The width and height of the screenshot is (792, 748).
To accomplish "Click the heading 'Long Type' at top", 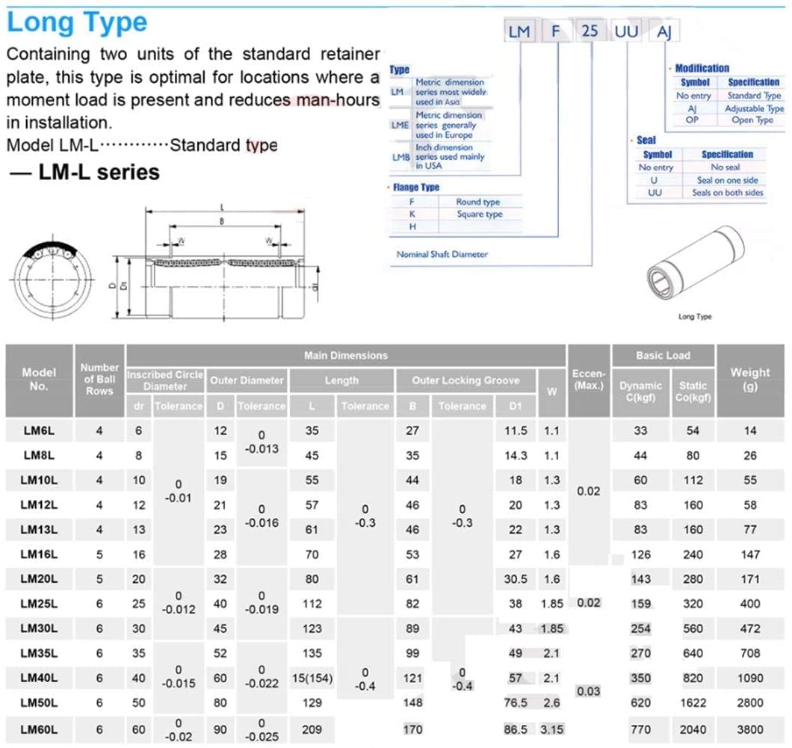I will click(x=77, y=22).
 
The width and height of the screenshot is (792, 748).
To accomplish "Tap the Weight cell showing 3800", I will click(x=750, y=729).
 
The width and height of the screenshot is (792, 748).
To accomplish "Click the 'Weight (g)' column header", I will click(x=750, y=379).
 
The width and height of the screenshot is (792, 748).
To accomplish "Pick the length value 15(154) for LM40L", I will click(x=312, y=679).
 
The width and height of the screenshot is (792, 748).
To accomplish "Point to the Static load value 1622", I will click(x=693, y=703).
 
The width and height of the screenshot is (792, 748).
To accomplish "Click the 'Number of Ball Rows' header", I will click(x=99, y=379).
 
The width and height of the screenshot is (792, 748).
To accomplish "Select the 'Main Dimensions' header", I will click(x=345, y=356).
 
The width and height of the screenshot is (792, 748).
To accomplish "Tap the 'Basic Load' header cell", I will click(x=663, y=356).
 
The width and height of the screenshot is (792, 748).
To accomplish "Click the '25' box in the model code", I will click(x=590, y=32).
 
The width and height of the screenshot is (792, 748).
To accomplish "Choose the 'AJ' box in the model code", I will click(x=663, y=32).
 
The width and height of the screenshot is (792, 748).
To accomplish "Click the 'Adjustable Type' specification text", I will click(x=754, y=108).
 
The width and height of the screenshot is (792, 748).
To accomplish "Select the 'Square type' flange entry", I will click(x=479, y=214).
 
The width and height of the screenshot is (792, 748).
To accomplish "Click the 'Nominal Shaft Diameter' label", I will click(x=442, y=254).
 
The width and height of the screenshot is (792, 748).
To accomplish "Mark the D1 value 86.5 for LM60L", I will click(x=516, y=729).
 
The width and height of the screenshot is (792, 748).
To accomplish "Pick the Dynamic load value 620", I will click(x=640, y=703).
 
